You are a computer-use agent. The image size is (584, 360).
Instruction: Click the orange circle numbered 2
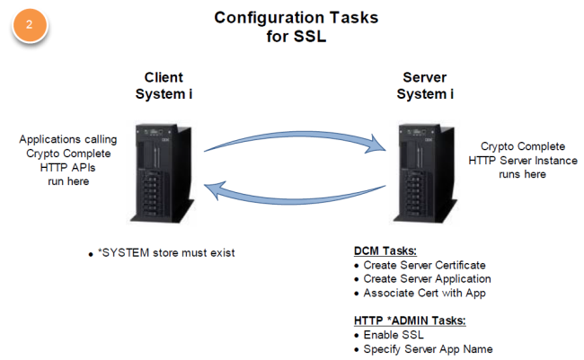29,26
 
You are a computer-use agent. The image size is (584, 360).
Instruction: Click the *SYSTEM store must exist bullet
162,252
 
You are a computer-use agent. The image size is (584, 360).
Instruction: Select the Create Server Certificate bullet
425,265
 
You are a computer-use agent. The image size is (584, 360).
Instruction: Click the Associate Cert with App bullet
420,293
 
